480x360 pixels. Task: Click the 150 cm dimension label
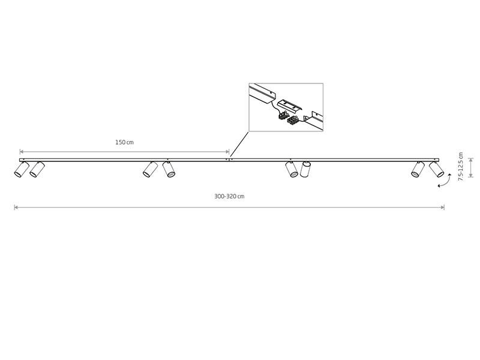click(x=124, y=142)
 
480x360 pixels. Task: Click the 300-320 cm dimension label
click(x=229, y=196)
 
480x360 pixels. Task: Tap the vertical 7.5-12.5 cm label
click(x=461, y=167)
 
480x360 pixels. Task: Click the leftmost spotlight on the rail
click(x=22, y=169)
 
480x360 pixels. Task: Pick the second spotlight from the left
click(x=37, y=169)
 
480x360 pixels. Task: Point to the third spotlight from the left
click(x=151, y=169)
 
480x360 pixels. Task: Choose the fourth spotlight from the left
click(x=169, y=169)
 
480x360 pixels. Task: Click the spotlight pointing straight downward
click(x=305, y=169)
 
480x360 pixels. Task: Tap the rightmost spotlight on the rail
click(x=436, y=169)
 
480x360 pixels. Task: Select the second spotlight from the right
click(x=418, y=169)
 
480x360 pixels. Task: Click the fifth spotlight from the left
click(x=292, y=169)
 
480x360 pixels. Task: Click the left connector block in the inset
click(x=283, y=116)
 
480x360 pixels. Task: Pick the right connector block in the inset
click(x=292, y=121)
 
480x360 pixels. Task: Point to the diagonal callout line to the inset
click(x=239, y=144)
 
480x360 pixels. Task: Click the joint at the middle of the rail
click(x=229, y=160)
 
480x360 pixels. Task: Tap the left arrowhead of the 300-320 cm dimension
click(x=16, y=208)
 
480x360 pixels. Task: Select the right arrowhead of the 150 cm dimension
click(x=227, y=152)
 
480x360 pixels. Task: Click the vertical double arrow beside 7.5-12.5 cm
click(x=471, y=167)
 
